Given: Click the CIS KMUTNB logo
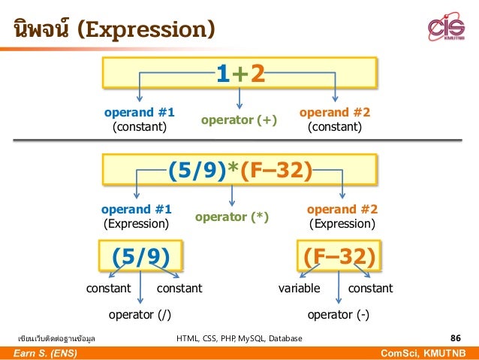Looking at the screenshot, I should (447, 28).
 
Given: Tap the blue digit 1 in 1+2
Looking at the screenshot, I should (222, 75).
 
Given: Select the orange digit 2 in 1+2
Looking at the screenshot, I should (258, 75).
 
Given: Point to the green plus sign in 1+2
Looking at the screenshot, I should (239, 75).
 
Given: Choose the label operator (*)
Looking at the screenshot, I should (232, 217).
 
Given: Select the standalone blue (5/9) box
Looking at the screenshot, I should (146, 257).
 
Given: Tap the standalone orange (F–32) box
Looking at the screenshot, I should (339, 257).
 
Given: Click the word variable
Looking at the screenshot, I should (299, 289).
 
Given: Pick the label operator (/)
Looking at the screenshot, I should (140, 314).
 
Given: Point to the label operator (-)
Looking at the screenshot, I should (339, 314).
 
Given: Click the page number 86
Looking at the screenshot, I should (455, 338).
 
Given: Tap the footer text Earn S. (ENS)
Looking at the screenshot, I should (44, 353).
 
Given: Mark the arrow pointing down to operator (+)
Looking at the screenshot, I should (239, 98).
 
